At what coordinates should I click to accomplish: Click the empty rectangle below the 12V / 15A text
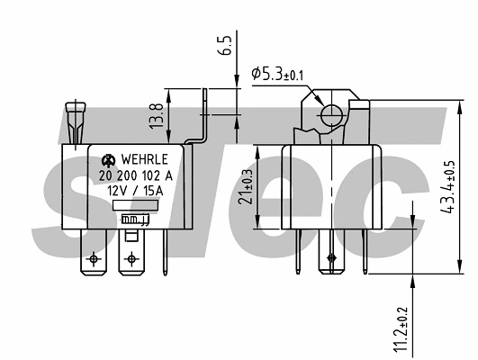tap(135, 205)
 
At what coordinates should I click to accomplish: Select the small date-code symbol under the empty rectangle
tap(136, 219)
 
